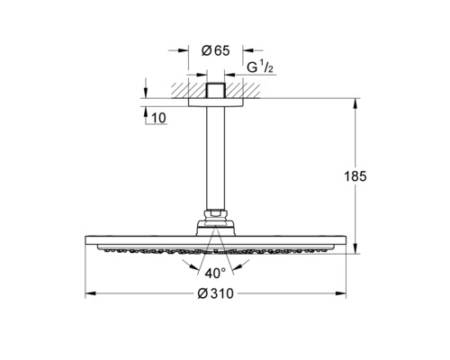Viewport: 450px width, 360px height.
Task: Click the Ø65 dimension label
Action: [x=215, y=50]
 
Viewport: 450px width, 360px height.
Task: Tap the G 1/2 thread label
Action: [x=260, y=67]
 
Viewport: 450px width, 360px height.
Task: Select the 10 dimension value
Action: [x=158, y=118]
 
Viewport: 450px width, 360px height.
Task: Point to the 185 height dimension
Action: [x=355, y=176]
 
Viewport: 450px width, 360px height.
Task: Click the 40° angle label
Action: [x=215, y=274]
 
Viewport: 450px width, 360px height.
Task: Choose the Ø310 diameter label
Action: [x=215, y=293]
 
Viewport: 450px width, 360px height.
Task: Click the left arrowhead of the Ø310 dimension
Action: [x=90, y=293]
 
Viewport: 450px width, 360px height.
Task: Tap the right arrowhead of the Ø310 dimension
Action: [x=341, y=293]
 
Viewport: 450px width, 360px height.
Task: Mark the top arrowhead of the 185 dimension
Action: [x=355, y=103]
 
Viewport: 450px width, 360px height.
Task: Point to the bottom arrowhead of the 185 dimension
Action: [x=355, y=248]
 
